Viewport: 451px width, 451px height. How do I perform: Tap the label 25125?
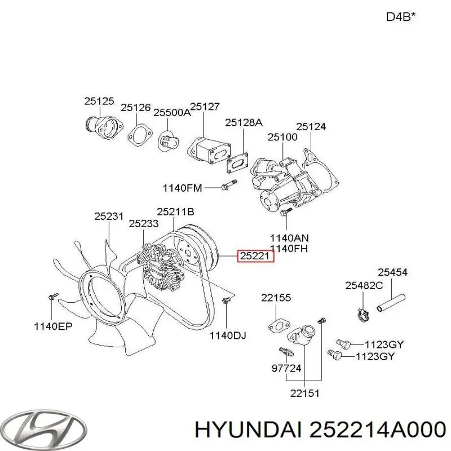tap(99, 101)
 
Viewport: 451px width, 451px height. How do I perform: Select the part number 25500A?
tap(173, 112)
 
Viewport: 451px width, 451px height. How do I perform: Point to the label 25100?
tap(282, 137)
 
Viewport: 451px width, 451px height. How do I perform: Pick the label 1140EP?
tap(52, 325)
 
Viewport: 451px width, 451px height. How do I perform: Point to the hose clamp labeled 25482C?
tap(361, 310)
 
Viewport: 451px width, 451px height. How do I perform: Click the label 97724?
tap(286, 368)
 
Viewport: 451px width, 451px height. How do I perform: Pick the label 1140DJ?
tap(228, 336)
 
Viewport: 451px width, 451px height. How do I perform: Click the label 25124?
tap(311, 127)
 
